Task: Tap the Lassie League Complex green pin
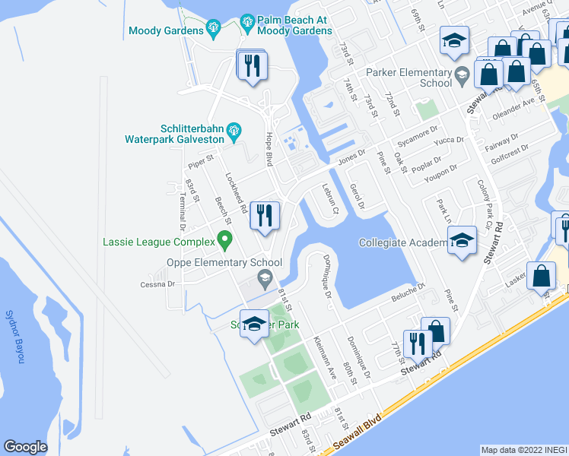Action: pos(224,240)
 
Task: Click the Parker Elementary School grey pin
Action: pos(462,74)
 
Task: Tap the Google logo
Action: pos(26,447)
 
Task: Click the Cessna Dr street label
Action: pos(157,284)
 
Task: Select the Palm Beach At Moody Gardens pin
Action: pos(246,25)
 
